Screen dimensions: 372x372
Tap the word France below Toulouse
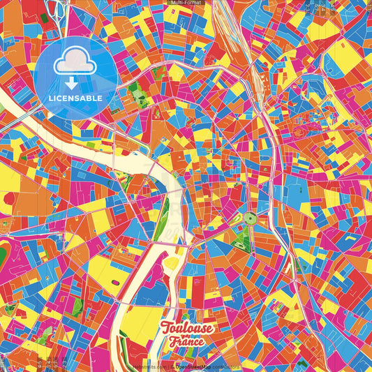pyautogui.click(x=186, y=342)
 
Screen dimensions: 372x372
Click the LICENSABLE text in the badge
pyautogui.click(x=76, y=98)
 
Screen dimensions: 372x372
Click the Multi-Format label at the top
pyautogui.click(x=186, y=3)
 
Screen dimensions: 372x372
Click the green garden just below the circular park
pyautogui.click(x=242, y=241)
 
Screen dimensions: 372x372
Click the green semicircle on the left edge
pyautogui.click(x=3, y=252)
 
